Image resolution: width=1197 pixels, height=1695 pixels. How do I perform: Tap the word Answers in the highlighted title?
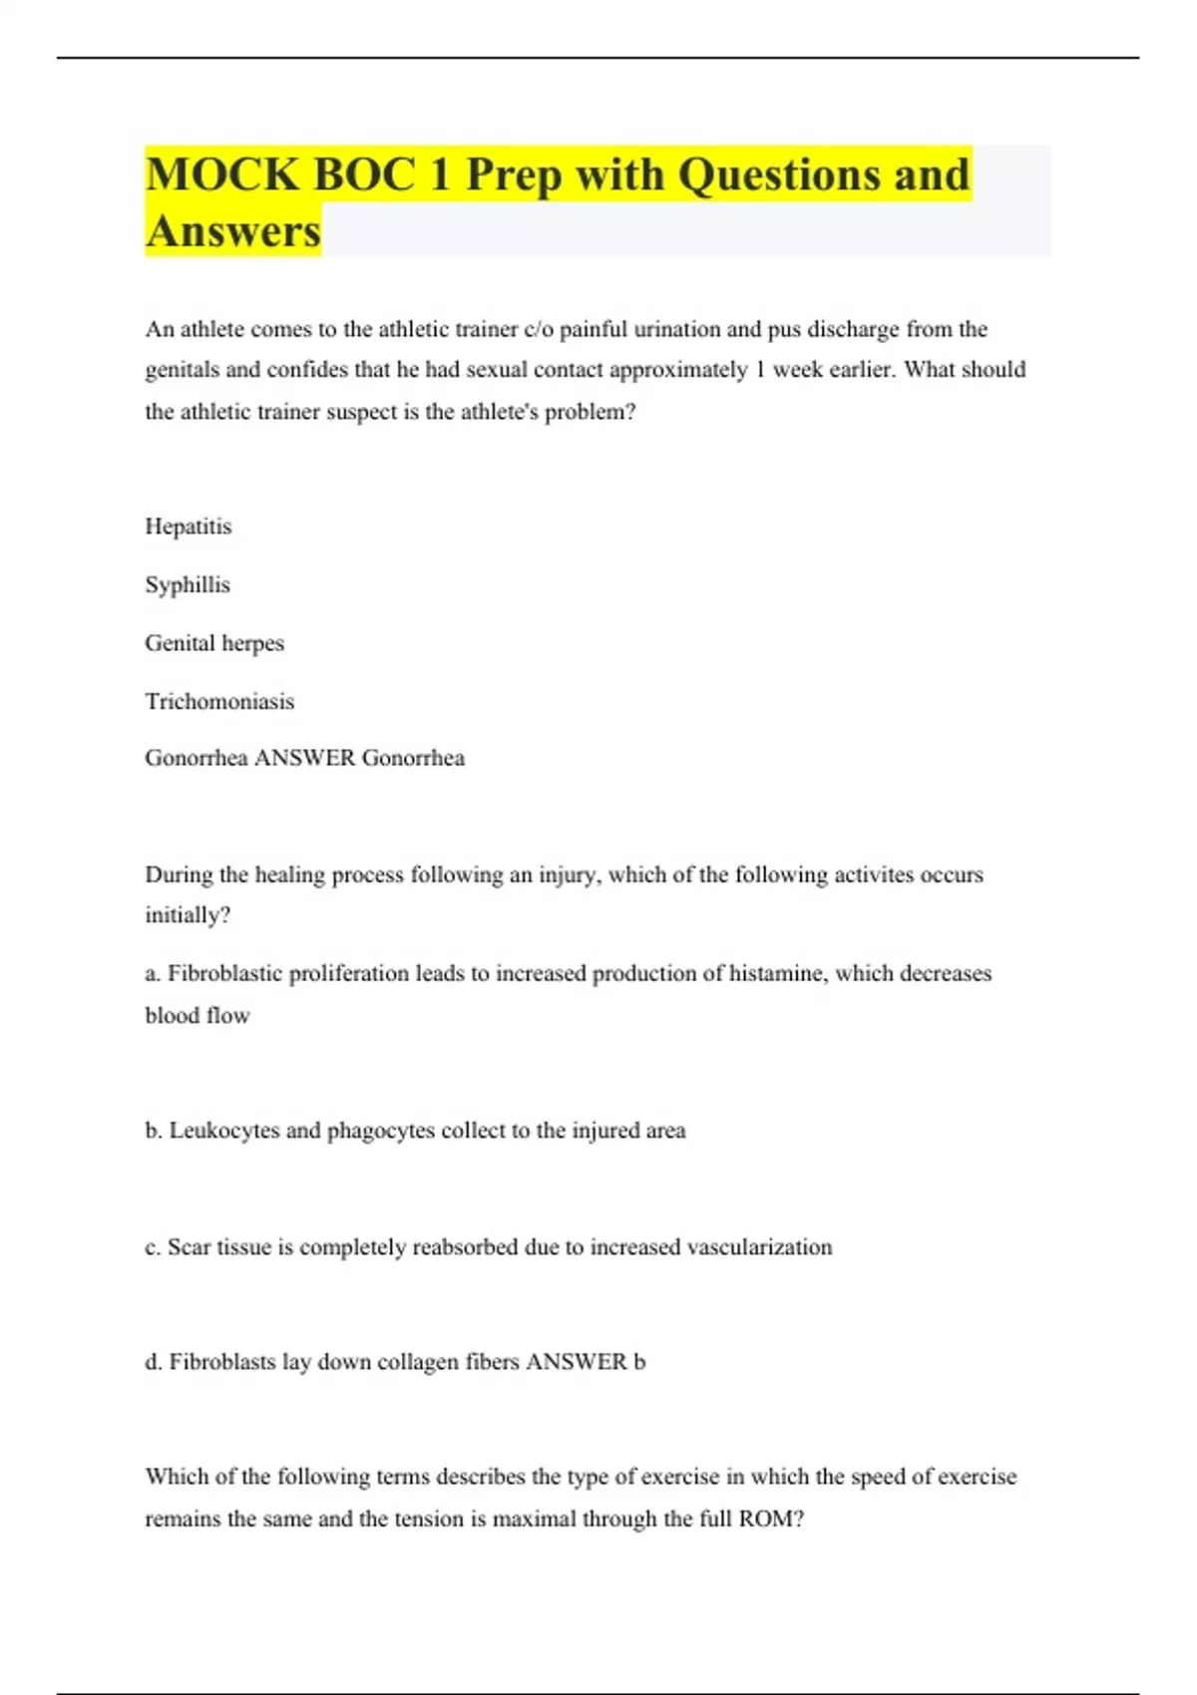(x=233, y=231)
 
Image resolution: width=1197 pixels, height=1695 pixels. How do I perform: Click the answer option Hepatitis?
(x=189, y=526)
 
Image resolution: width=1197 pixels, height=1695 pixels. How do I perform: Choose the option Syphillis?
(x=188, y=585)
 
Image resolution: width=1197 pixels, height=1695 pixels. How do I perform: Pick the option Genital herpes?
(x=214, y=643)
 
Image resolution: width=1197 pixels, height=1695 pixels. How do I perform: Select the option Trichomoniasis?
(x=219, y=702)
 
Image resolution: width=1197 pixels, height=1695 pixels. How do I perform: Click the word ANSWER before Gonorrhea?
(x=305, y=758)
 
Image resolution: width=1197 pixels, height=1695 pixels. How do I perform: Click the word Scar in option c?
(x=190, y=1247)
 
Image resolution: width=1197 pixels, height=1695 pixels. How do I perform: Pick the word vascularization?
(x=760, y=1247)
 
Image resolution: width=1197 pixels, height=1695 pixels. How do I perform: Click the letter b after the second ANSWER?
(x=639, y=1362)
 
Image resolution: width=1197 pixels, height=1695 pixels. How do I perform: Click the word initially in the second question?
(x=184, y=915)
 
